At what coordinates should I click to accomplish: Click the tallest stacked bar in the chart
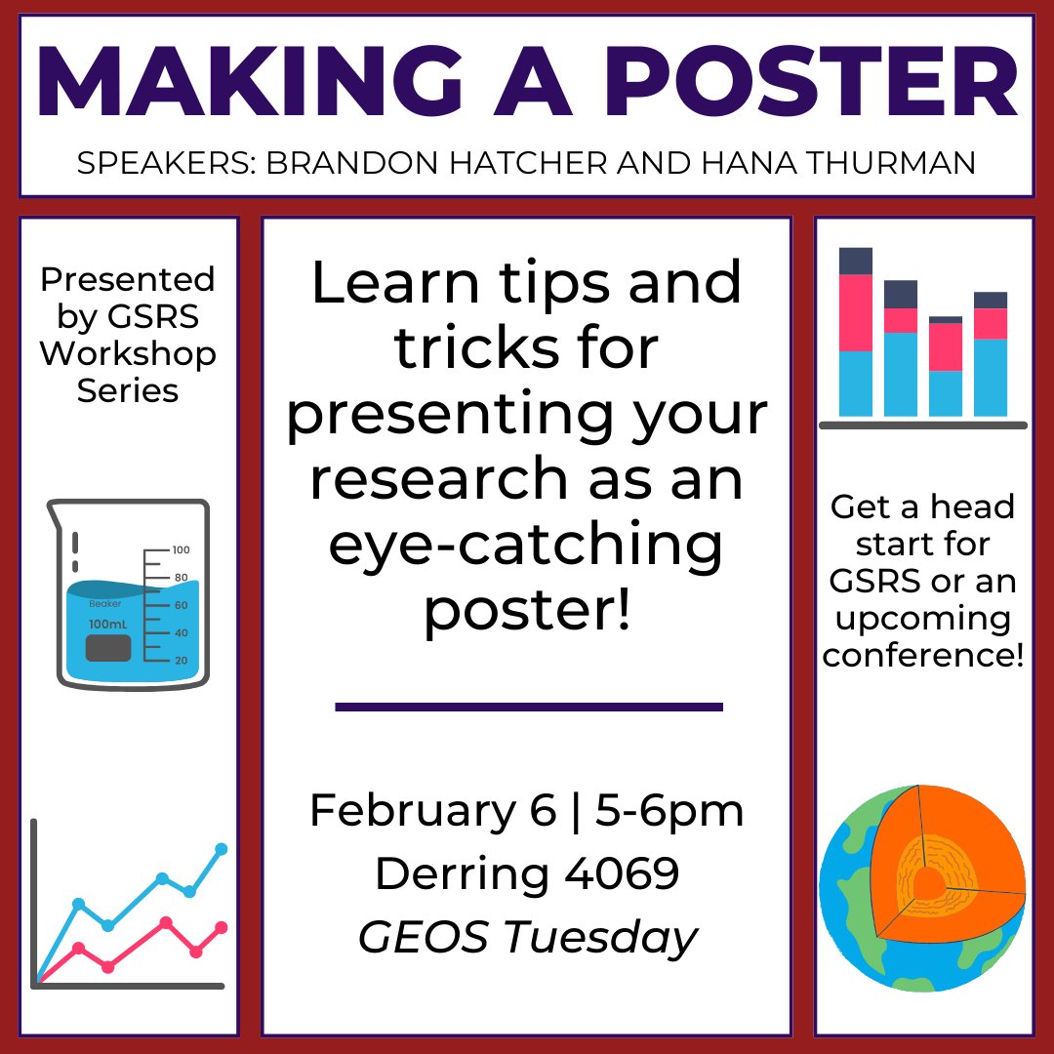[x=856, y=332]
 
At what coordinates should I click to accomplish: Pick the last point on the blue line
[x=221, y=849]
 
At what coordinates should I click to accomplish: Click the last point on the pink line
[x=221, y=927]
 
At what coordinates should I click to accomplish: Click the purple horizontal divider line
[x=528, y=706]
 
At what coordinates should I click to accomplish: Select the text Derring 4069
[x=527, y=873]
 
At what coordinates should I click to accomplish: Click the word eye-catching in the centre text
[x=527, y=547]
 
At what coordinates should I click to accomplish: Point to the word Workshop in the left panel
[x=128, y=353]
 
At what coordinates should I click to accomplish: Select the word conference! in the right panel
[x=923, y=656]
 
